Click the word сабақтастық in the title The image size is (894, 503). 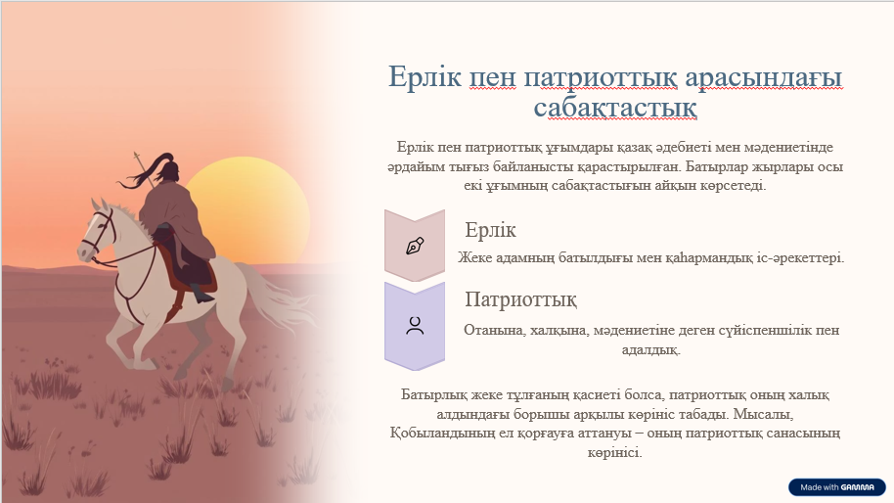(x=615, y=108)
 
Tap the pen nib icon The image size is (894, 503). (x=415, y=246)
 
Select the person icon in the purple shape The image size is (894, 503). (x=415, y=326)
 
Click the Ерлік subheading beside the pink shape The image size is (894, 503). (x=490, y=230)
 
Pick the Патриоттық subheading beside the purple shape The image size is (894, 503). (x=520, y=299)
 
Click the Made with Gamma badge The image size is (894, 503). (x=837, y=487)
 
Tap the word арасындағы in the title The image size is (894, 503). (x=764, y=77)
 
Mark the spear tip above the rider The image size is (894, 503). (x=136, y=155)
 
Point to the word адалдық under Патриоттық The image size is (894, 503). (x=650, y=349)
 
